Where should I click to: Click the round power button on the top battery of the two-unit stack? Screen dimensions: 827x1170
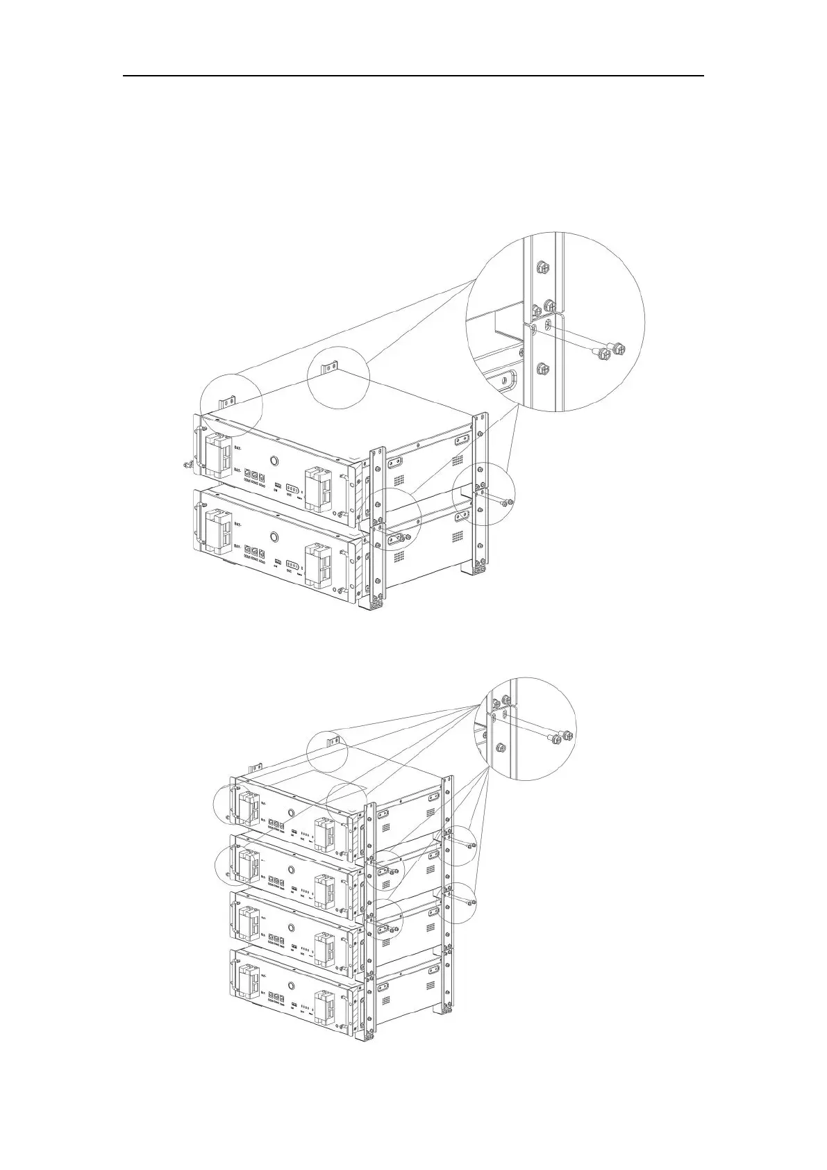click(274, 461)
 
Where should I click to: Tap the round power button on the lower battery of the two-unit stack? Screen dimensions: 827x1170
click(274, 536)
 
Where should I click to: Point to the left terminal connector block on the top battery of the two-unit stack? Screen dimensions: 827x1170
click(220, 452)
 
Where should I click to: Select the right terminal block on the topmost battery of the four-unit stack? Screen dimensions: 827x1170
click(325, 832)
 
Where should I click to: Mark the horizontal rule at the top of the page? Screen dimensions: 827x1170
click(414, 76)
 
